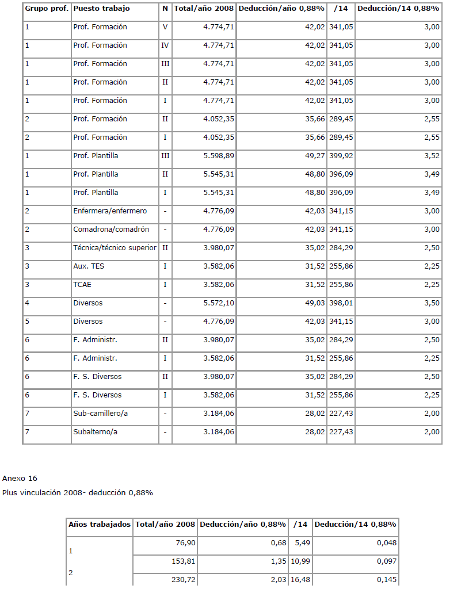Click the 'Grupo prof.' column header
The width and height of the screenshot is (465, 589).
click(x=47, y=9)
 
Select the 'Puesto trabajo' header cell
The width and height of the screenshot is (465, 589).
click(x=101, y=9)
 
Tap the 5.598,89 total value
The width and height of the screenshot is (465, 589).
click(x=218, y=156)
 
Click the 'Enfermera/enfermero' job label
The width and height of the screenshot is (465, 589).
click(x=110, y=211)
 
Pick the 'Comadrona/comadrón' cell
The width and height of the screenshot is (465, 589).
click(x=111, y=230)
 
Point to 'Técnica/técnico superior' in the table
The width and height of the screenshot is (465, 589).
click(x=115, y=248)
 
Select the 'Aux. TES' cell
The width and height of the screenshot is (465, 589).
click(x=89, y=266)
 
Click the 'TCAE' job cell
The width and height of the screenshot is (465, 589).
click(x=82, y=285)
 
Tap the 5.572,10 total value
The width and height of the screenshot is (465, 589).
click(x=218, y=303)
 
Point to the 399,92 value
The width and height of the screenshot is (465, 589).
click(x=341, y=156)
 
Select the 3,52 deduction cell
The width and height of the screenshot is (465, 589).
click(x=431, y=156)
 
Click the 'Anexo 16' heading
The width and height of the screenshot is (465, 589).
click(x=20, y=479)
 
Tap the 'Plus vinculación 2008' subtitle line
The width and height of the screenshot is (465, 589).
click(x=78, y=492)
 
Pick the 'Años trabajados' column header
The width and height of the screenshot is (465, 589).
click(x=100, y=525)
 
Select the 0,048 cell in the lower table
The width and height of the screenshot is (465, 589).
click(x=386, y=542)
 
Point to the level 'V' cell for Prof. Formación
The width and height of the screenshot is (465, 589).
click(x=165, y=27)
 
